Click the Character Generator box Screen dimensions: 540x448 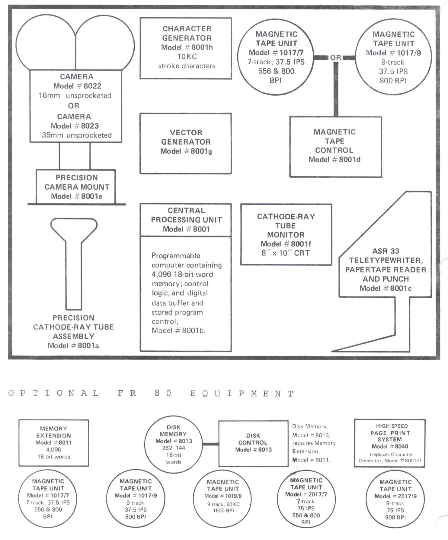pos(186,48)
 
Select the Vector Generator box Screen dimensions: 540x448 pos(186,143)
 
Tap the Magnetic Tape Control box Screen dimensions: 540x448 pos(335,146)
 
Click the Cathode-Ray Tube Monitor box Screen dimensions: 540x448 pos(286,234)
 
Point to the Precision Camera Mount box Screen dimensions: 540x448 pos(76,187)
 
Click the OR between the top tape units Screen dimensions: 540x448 pos(335,57)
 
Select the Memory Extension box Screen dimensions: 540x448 pos(54,442)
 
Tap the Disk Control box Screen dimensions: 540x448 pos(253,443)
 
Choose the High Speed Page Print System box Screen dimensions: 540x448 pos(389,443)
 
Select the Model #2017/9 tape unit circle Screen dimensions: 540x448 pos(395,499)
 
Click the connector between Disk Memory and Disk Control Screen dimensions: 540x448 pos(210,444)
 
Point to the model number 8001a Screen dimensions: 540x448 pos(88,346)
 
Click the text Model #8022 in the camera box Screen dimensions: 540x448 pos(77,86)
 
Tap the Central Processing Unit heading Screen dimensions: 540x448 pos(186,220)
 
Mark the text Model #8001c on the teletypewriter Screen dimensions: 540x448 pos(386,288)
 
